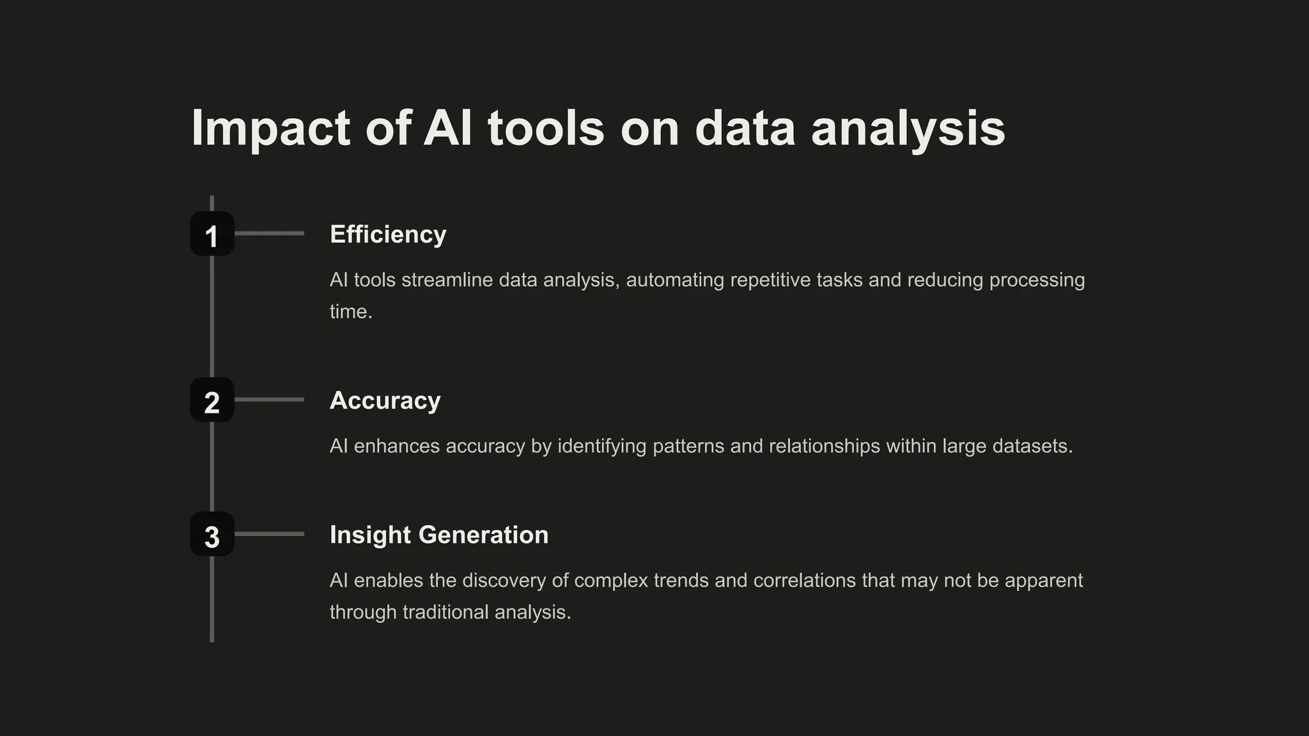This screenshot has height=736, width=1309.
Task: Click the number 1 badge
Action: pyautogui.click(x=212, y=234)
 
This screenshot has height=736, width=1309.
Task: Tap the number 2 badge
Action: pyautogui.click(x=212, y=400)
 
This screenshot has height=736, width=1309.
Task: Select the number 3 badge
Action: pyautogui.click(x=212, y=534)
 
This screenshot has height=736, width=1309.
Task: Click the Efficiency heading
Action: pyautogui.click(x=388, y=234)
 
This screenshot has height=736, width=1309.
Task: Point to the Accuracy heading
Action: pyautogui.click(x=385, y=401)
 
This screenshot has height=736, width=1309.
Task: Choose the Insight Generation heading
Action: pyautogui.click(x=439, y=535)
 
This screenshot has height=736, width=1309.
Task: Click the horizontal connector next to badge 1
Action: pyautogui.click(x=269, y=234)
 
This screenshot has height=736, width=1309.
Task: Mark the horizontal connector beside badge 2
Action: pyautogui.click(x=269, y=400)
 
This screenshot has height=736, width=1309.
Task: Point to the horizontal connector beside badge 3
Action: pyautogui.click(x=269, y=534)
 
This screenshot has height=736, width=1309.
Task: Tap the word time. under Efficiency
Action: pyautogui.click(x=351, y=312)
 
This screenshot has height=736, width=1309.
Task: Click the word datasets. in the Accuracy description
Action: pyautogui.click(x=1032, y=446)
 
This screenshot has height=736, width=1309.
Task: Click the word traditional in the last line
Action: pyautogui.click(x=445, y=612)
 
